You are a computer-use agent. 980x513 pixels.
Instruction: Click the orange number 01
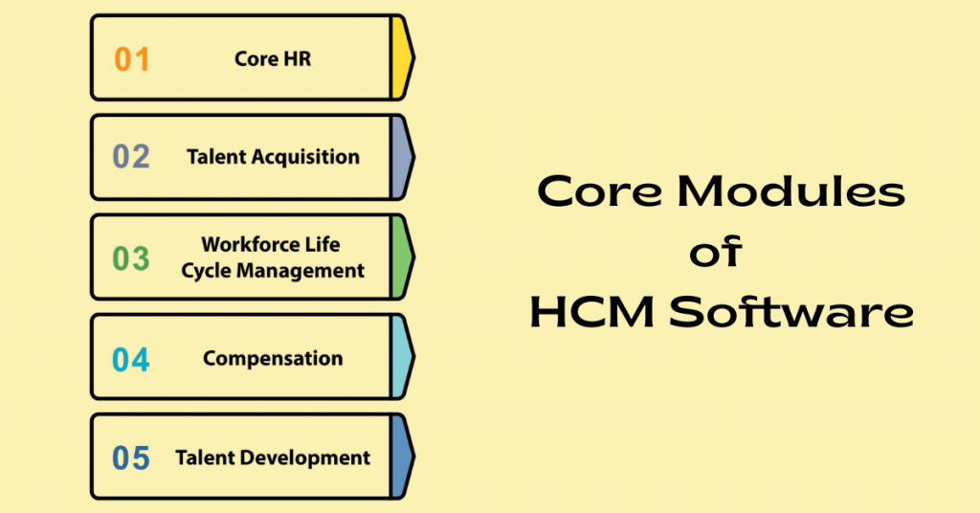tap(132, 59)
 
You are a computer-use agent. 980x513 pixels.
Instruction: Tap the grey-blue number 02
tap(131, 157)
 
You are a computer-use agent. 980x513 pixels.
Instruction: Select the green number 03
tap(131, 258)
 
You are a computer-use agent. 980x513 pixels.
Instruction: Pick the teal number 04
tap(131, 360)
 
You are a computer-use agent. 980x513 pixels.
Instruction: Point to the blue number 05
tap(131, 458)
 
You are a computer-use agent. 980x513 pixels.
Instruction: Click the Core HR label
tap(273, 59)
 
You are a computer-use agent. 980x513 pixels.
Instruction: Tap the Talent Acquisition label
tap(273, 157)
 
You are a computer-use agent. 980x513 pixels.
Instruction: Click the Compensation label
tap(273, 359)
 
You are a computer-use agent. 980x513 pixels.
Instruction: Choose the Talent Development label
tap(273, 458)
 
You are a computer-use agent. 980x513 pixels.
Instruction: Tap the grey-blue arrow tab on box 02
tap(402, 158)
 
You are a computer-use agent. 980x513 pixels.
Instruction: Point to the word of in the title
tap(718, 254)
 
